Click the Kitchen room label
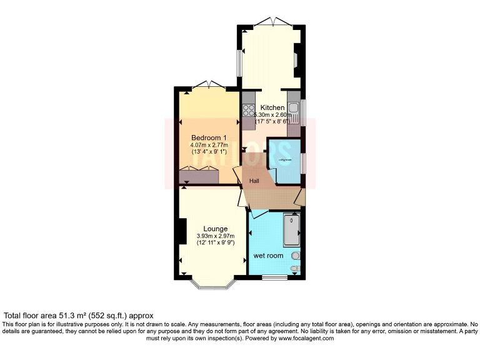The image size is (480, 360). pyautogui.click(x=272, y=107)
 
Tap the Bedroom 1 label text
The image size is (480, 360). pyautogui.click(x=208, y=137)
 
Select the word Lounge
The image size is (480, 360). pyautogui.click(x=215, y=229)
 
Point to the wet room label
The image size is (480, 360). pyautogui.click(x=268, y=256)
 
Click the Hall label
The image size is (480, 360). pyautogui.click(x=254, y=181)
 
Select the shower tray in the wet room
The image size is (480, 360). pyautogui.click(x=291, y=230)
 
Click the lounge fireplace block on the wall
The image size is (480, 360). pyautogui.click(x=181, y=231)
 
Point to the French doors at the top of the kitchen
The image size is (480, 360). pyautogui.click(x=272, y=23)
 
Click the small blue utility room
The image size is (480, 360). pyautogui.click(x=286, y=161)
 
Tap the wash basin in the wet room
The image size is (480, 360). pyautogui.click(x=295, y=256)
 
